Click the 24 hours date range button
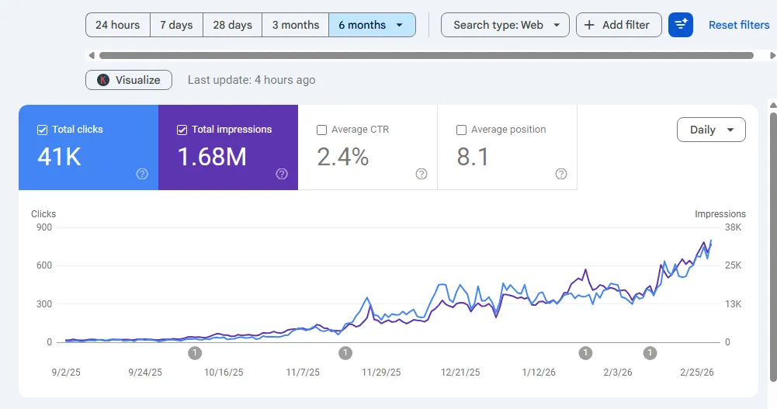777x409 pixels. pyautogui.click(x=117, y=25)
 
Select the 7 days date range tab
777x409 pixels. pyautogui.click(x=176, y=25)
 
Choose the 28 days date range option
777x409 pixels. pyautogui.click(x=232, y=25)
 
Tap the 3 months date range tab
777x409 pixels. pyautogui.click(x=295, y=25)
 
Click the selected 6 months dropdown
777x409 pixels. pyautogui.click(x=371, y=25)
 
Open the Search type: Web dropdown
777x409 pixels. pyautogui.click(x=505, y=25)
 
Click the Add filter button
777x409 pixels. pyautogui.click(x=618, y=25)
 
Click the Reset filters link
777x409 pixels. pyautogui.click(x=738, y=25)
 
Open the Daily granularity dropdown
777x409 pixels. pyautogui.click(x=711, y=130)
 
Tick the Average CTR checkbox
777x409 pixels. pyautogui.click(x=321, y=130)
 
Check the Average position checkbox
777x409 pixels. pyautogui.click(x=461, y=130)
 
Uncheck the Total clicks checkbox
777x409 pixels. pyautogui.click(x=43, y=130)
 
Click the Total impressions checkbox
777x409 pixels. pyautogui.click(x=182, y=130)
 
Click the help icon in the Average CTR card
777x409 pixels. pyautogui.click(x=421, y=174)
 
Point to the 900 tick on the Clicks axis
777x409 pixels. pyautogui.click(x=43, y=227)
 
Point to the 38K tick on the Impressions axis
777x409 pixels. pyautogui.click(x=734, y=227)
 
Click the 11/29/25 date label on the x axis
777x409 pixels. pyautogui.click(x=381, y=373)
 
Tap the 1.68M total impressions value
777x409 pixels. pyautogui.click(x=212, y=157)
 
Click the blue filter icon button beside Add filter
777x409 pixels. pyautogui.click(x=681, y=25)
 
